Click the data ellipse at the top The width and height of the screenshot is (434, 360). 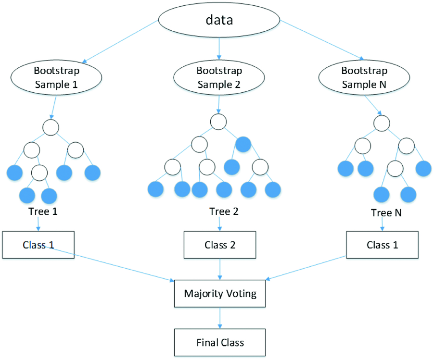[219, 20]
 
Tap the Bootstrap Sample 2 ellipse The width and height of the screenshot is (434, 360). [219, 77]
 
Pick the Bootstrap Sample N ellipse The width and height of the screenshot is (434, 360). [364, 77]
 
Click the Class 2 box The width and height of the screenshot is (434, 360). [220, 245]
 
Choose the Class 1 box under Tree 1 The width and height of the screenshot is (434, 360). [38, 245]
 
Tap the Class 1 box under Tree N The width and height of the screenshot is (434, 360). [382, 245]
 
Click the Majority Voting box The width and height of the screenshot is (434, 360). [220, 293]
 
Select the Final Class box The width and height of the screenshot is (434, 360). [220, 343]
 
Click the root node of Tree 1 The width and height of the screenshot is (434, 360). [51, 127]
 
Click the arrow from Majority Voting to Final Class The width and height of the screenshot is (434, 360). [220, 317]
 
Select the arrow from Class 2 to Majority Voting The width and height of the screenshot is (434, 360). [220, 269]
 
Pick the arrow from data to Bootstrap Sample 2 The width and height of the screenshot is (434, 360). [219, 47]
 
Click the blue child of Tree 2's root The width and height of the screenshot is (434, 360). [243, 143]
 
